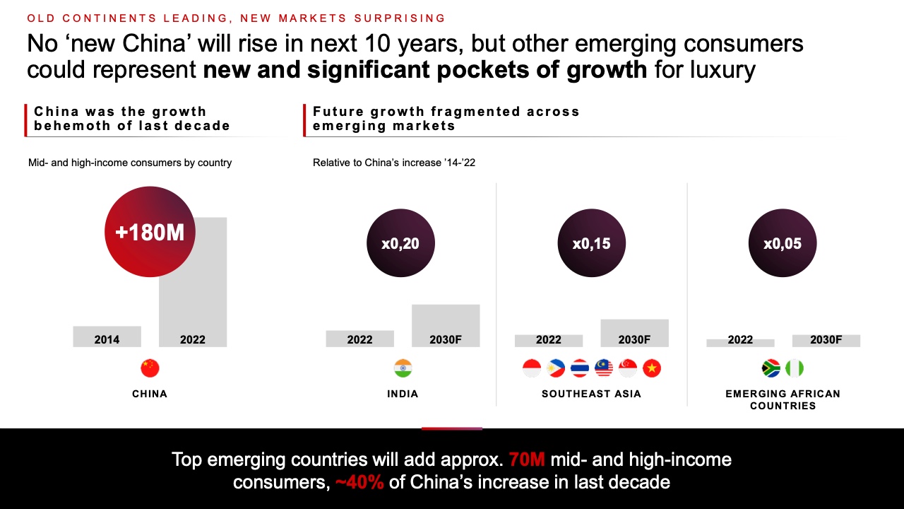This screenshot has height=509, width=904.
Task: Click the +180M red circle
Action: click(x=150, y=232)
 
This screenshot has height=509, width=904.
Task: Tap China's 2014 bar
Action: click(x=107, y=337)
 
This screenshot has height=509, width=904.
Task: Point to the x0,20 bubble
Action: click(x=400, y=243)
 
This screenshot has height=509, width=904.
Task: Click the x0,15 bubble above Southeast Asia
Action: click(x=591, y=243)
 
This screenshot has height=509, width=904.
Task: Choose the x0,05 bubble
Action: click(x=782, y=243)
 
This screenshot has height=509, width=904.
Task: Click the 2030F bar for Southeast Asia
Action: click(x=634, y=333)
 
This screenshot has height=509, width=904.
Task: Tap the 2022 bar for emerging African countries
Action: click(x=740, y=343)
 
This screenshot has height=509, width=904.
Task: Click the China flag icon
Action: click(x=150, y=368)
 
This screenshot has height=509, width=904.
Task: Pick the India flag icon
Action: click(x=403, y=368)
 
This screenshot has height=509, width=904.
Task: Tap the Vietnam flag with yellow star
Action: click(x=652, y=368)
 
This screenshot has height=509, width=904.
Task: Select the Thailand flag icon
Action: click(x=580, y=368)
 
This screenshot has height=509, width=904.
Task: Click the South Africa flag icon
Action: click(x=771, y=368)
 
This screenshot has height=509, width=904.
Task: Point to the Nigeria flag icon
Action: click(x=795, y=368)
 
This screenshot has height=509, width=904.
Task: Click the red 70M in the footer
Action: click(x=527, y=460)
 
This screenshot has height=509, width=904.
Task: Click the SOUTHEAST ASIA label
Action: click(x=591, y=394)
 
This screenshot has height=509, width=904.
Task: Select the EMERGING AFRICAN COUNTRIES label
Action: click(x=783, y=399)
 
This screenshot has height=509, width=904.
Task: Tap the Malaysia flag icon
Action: click(x=604, y=368)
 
